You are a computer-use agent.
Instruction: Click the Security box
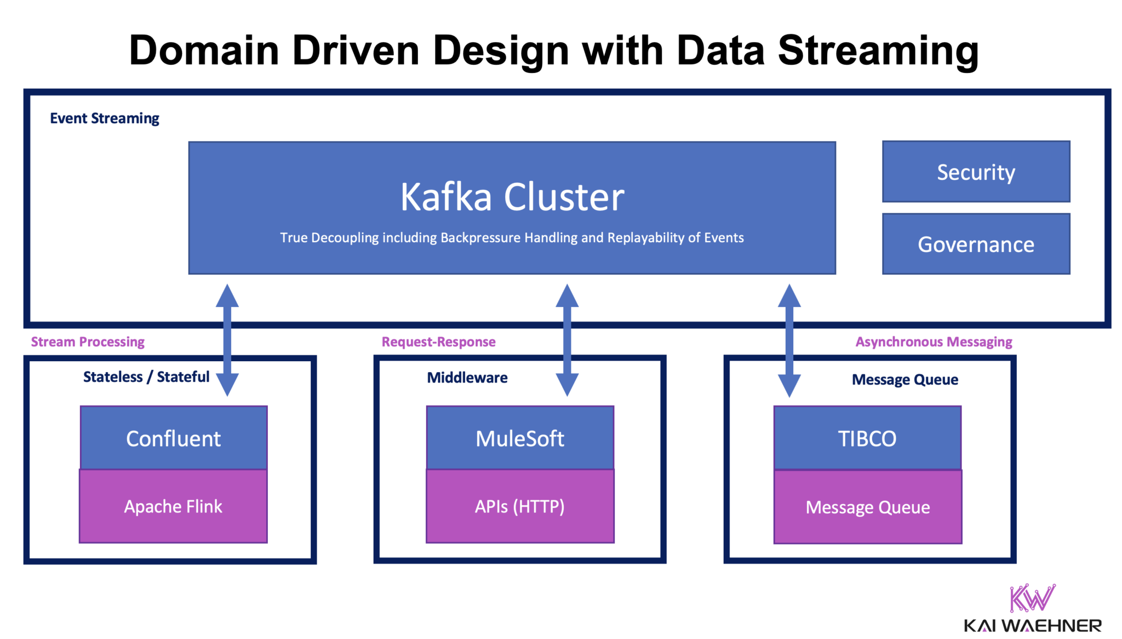[976, 172]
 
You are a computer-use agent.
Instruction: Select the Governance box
[976, 244]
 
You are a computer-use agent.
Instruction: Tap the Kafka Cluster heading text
[512, 197]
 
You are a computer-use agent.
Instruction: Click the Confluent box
[173, 438]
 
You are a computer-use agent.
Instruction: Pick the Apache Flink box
[173, 506]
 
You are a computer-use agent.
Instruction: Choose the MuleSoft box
[520, 438]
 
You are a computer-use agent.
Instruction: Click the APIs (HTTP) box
[520, 506]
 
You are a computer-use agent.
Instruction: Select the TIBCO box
[867, 438]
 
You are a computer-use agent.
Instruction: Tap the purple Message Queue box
[867, 507]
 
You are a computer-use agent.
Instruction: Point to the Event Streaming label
[104, 118]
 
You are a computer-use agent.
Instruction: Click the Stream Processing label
[88, 342]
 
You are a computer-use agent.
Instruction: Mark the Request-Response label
[438, 342]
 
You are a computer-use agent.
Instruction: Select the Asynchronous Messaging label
[934, 342]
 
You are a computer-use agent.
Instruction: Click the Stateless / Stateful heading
[146, 377]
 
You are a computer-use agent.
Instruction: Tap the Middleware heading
[467, 378]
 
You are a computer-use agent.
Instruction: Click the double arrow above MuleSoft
[567, 340]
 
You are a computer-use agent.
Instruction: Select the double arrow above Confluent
[227, 340]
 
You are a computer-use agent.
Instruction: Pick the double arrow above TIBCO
[789, 340]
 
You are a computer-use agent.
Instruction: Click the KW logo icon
[1032, 598]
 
